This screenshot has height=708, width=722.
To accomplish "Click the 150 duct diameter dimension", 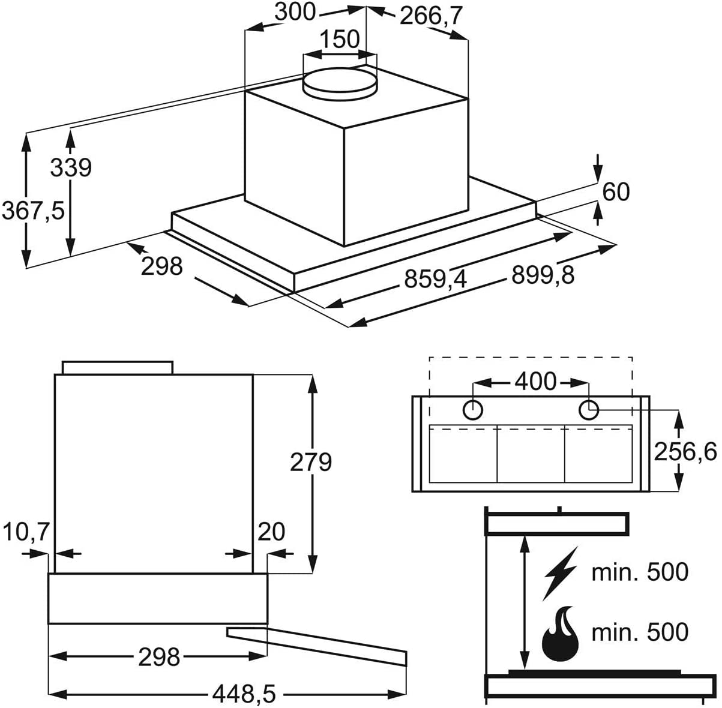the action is coord(340,38).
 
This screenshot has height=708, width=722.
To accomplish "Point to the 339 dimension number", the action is coord(71,167).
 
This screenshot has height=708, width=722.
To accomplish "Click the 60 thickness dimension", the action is coord(616,192).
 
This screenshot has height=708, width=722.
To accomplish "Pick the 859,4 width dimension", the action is coord(435,279).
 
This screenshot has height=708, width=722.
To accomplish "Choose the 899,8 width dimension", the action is coord(543,275).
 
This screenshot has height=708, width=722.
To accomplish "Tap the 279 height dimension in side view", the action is coord(311,462).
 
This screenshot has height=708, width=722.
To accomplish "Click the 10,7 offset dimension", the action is coord(26,532).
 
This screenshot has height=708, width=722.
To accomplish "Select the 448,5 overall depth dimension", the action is coord(244,694).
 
